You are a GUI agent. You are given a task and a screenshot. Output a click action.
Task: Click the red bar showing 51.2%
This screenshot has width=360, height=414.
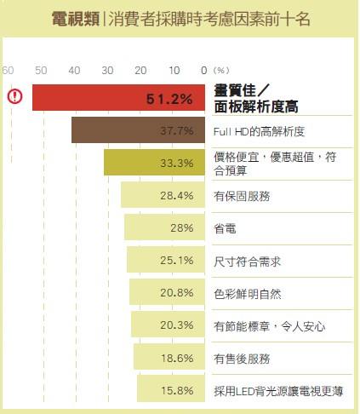(x=119, y=98)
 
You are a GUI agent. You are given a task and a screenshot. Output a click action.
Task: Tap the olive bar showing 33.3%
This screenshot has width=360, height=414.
(x=154, y=163)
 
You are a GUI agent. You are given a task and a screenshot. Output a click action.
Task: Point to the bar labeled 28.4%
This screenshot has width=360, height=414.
(x=163, y=195)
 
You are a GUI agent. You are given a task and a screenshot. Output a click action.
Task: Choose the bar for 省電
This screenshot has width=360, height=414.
(x=164, y=227)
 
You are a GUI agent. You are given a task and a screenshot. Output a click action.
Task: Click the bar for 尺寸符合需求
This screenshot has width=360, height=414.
(x=166, y=260)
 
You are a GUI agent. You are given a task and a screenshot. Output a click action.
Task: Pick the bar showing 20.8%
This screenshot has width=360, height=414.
(x=168, y=292)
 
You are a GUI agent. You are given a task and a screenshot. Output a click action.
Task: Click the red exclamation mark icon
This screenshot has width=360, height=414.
(x=15, y=96)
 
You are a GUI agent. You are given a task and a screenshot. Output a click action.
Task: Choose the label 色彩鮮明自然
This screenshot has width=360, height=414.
(x=248, y=292)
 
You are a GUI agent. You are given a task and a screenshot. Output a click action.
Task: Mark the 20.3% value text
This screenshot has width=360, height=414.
(x=177, y=325)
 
